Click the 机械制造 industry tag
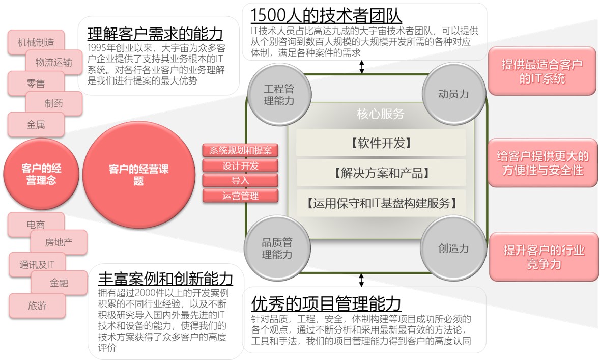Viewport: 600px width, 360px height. click(36, 42)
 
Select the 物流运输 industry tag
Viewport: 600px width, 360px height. click(53, 63)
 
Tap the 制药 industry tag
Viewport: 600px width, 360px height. click(53, 103)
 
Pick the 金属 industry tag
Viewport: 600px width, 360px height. click(36, 124)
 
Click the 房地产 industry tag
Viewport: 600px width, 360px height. click(59, 242)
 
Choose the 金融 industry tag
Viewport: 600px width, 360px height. click(59, 283)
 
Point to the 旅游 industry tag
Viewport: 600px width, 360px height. click(37, 306)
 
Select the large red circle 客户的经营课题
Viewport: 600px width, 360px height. click(138, 175)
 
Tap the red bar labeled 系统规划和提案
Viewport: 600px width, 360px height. click(240, 150)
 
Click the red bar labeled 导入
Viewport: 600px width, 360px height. click(240, 180)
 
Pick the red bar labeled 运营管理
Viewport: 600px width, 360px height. click(240, 196)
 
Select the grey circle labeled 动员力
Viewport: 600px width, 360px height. click(453, 94)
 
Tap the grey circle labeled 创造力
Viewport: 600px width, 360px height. click(453, 248)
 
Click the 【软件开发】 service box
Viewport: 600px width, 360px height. click(381, 143)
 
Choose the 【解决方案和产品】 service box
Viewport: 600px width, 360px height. click(381, 173)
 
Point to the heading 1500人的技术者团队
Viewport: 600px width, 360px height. click(326, 15)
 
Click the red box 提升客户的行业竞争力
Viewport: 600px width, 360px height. click(544, 257)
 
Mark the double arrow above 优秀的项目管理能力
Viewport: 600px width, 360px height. click(361, 280)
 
